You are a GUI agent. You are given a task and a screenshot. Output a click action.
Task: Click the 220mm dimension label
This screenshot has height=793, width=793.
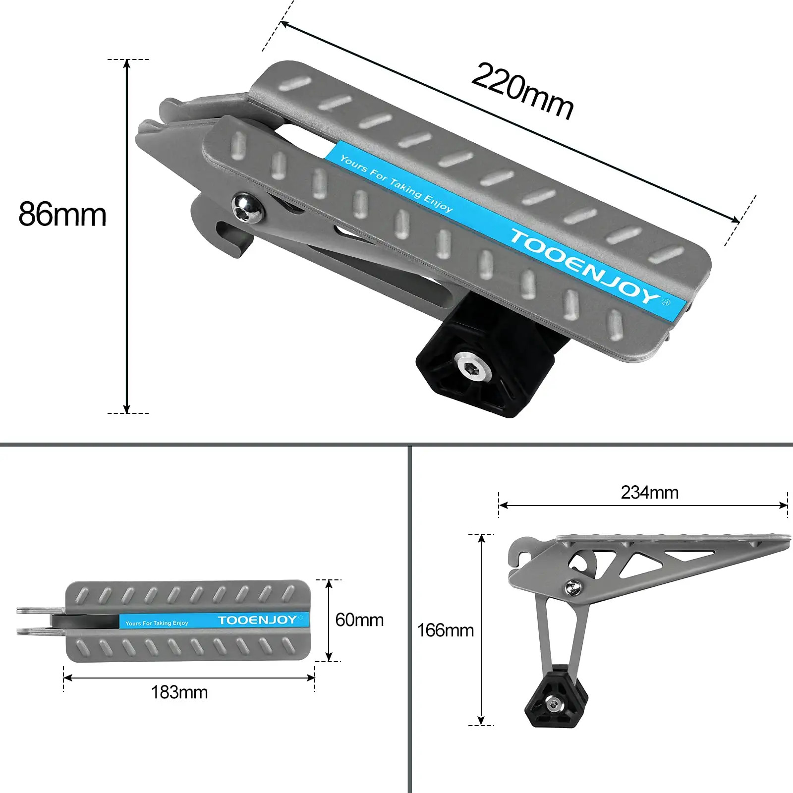522,91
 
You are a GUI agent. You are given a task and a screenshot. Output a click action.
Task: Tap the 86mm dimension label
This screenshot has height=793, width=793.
62,214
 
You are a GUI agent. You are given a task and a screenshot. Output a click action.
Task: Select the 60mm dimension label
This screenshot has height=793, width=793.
359,620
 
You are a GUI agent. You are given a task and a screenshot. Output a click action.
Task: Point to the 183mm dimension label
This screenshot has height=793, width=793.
179,692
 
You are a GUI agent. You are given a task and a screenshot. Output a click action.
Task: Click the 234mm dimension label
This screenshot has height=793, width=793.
649,493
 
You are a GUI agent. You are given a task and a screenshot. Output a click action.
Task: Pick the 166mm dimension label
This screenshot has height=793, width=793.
445,630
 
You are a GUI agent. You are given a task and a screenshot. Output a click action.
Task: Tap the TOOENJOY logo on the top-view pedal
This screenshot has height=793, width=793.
257,620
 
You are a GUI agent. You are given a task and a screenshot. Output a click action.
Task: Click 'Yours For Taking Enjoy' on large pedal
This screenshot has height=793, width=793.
396,183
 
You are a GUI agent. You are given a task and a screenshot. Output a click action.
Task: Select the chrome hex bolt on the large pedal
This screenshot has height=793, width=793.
247,208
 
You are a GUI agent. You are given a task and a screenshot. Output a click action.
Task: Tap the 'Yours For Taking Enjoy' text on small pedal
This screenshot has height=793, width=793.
157,623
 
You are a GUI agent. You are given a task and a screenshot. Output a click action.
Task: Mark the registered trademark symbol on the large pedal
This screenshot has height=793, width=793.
666,302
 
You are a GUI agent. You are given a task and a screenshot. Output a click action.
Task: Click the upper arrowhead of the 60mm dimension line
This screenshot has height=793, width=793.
329,584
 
